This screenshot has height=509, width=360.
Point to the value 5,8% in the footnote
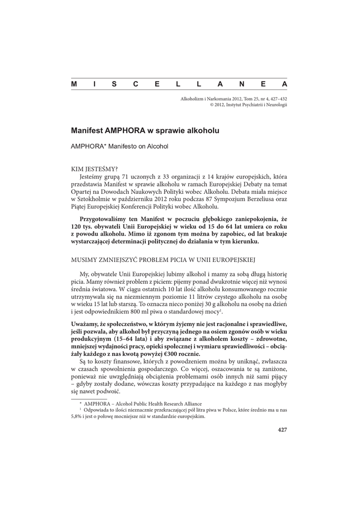click(78, 417)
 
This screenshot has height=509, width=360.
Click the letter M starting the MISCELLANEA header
click(74, 84)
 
